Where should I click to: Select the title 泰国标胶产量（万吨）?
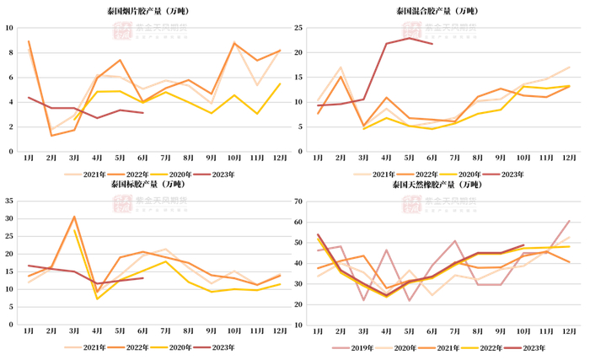click(x=148, y=184)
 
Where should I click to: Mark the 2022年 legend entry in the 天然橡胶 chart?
click(x=489, y=347)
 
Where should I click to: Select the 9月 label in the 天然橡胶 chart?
click(x=501, y=330)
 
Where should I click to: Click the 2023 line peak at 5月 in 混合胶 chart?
click(x=409, y=38)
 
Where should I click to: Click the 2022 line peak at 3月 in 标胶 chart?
click(x=74, y=217)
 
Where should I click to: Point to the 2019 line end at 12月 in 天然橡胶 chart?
click(x=569, y=221)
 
